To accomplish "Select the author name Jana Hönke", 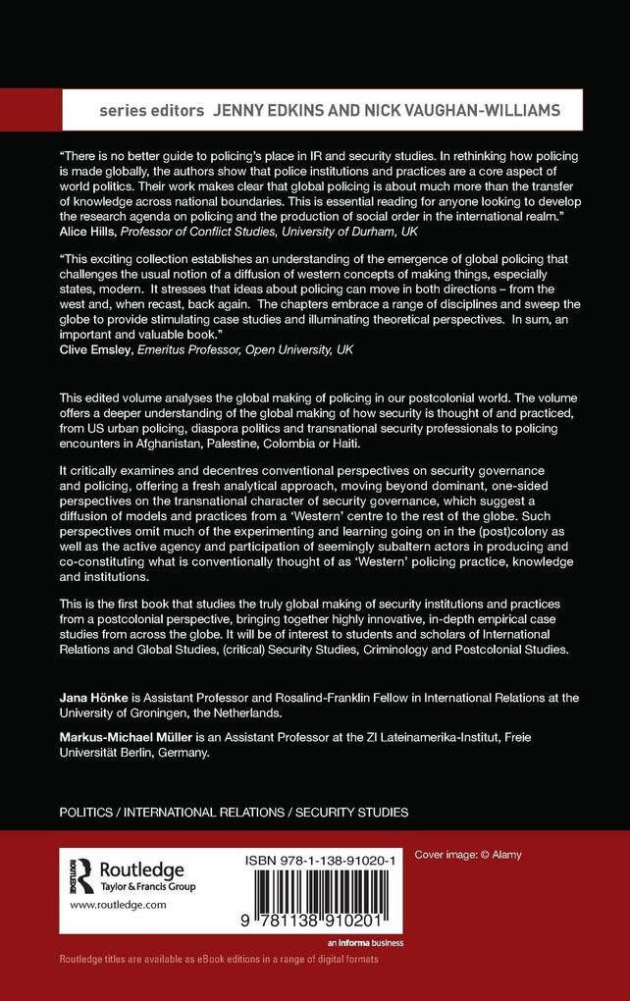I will pyautogui.click(x=96, y=697).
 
